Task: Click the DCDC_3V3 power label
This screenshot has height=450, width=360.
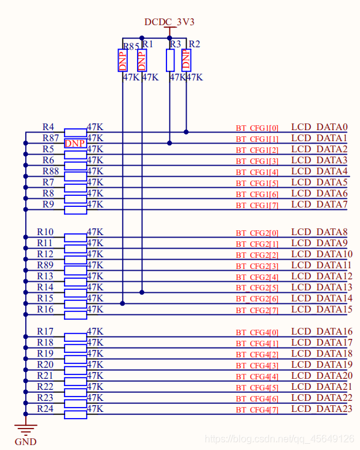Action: [169, 22]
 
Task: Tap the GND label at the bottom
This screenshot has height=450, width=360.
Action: [26, 441]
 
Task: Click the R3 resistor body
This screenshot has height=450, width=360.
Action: [170, 60]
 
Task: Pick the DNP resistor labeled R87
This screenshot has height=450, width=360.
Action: [75, 143]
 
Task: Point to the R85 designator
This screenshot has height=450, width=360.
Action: [131, 46]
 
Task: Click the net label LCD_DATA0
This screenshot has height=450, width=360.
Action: [319, 127]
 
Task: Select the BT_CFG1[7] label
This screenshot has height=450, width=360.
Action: [257, 206]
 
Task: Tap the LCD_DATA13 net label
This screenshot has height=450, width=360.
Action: [321, 287]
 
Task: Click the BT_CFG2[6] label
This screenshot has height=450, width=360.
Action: [257, 299]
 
